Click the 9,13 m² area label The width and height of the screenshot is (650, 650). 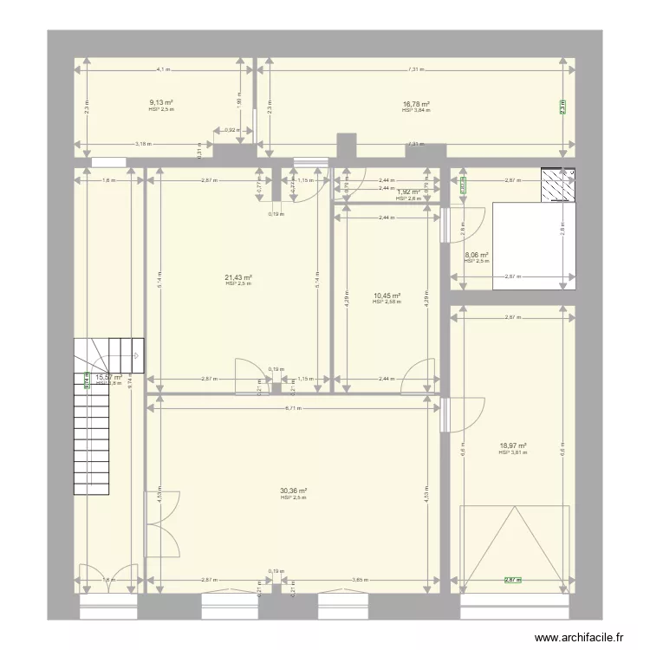pos(161,103)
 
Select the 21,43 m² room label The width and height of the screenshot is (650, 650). pos(238,277)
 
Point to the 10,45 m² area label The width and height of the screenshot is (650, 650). pos(387,296)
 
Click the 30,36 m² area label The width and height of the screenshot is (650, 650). pos(295,491)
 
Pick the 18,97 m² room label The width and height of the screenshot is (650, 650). pos(513,446)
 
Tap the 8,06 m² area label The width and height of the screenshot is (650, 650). pos(477,255)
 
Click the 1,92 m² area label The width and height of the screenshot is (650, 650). pos(408,192)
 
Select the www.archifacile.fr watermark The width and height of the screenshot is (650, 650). pos(580,637)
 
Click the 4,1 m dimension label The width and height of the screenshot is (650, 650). pos(163,69)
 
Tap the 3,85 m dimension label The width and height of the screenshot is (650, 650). pos(360,580)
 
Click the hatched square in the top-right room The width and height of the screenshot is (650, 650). pos(559,185)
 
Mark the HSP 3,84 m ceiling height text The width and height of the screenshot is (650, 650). pos(416,110)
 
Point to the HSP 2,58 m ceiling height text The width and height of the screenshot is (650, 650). pos(387,302)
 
